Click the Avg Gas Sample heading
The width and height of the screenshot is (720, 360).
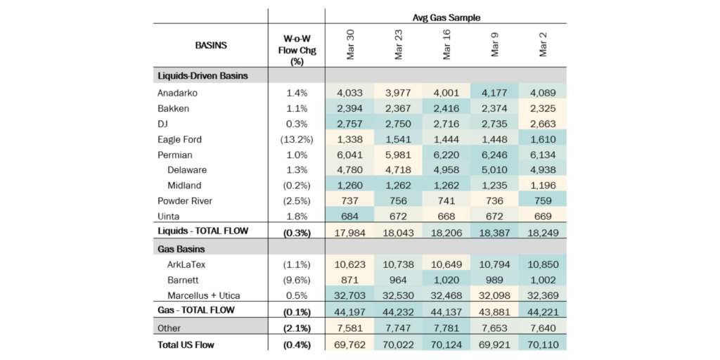point(446,18)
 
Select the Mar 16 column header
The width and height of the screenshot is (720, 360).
point(446,45)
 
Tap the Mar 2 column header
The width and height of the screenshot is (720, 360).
point(543,45)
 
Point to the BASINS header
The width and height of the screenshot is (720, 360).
point(210,46)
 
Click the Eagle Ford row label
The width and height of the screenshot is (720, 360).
point(179,139)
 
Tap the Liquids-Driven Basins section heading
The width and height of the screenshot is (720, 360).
point(202,76)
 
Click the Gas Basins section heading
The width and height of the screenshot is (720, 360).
point(181,250)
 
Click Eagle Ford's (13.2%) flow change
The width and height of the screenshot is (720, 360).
point(296,139)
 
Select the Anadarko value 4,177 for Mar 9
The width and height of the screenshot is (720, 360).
point(494,93)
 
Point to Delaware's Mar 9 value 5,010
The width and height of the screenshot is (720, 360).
point(494,170)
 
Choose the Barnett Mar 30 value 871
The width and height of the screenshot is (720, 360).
point(349,280)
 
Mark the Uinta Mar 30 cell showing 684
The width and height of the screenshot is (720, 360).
point(349,217)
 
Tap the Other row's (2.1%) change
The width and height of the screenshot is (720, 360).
point(296,328)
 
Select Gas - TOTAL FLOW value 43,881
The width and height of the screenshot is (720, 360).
point(494,311)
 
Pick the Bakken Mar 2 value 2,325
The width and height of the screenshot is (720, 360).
point(543,108)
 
